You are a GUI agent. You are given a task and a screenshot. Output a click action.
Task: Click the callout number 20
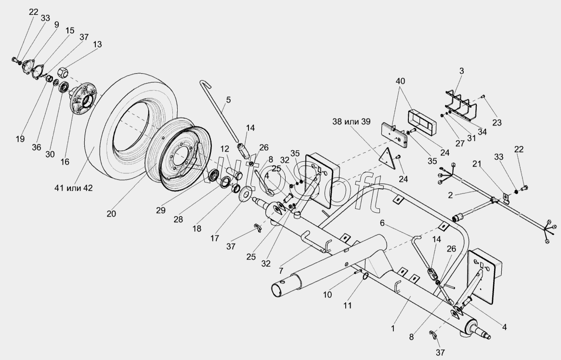[x=111, y=214]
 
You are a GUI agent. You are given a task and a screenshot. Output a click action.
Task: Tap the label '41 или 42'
[x=74, y=188]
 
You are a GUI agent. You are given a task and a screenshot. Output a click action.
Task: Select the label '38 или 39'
[x=352, y=122]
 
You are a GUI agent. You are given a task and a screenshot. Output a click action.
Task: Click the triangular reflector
[x=388, y=159]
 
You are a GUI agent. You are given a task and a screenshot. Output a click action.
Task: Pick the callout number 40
[x=400, y=81]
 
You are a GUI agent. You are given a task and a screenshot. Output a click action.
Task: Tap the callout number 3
[x=461, y=71]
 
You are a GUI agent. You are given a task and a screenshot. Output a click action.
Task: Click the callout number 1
[x=393, y=328]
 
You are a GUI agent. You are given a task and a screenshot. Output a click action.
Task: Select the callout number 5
[x=228, y=100]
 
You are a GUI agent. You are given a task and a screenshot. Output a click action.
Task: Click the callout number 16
[x=65, y=162]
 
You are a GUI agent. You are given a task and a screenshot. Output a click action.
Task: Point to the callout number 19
[x=20, y=139]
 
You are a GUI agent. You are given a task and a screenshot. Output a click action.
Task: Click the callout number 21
[x=477, y=164]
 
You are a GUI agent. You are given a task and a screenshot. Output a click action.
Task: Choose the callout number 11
[x=347, y=305]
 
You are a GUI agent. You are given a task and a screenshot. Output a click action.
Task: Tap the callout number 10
[x=327, y=295]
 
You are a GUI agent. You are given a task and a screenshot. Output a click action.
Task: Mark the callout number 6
[x=382, y=223]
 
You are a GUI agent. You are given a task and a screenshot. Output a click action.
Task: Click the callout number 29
[x=161, y=210]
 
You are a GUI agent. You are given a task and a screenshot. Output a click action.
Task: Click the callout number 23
[x=497, y=123]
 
